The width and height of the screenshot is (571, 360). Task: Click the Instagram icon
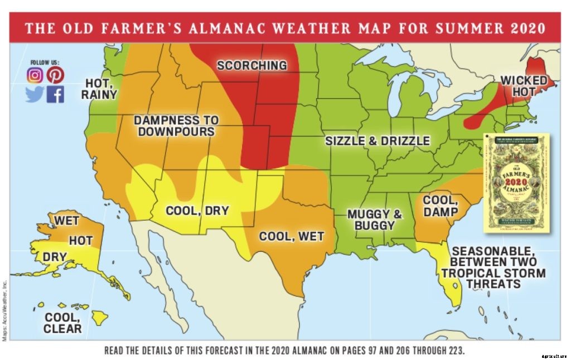click(35, 75)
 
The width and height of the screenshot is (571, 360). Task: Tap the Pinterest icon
click(55, 75)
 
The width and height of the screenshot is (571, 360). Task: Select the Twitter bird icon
click(35, 94)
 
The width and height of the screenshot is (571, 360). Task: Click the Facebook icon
click(55, 94)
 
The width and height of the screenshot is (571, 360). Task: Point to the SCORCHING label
click(251, 65)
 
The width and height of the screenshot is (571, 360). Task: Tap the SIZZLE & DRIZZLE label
click(378, 140)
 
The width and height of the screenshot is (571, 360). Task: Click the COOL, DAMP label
click(440, 206)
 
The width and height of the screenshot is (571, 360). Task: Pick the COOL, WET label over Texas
click(291, 236)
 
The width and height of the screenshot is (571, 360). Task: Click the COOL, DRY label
click(197, 211)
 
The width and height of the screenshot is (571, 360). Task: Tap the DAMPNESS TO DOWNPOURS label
click(176, 126)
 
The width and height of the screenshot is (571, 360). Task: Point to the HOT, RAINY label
click(100, 89)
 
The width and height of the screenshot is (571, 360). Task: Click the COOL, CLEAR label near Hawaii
click(62, 323)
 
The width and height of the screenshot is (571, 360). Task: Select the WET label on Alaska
click(66, 221)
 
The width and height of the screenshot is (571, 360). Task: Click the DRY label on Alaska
click(55, 257)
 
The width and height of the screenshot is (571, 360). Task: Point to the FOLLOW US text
click(45, 62)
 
